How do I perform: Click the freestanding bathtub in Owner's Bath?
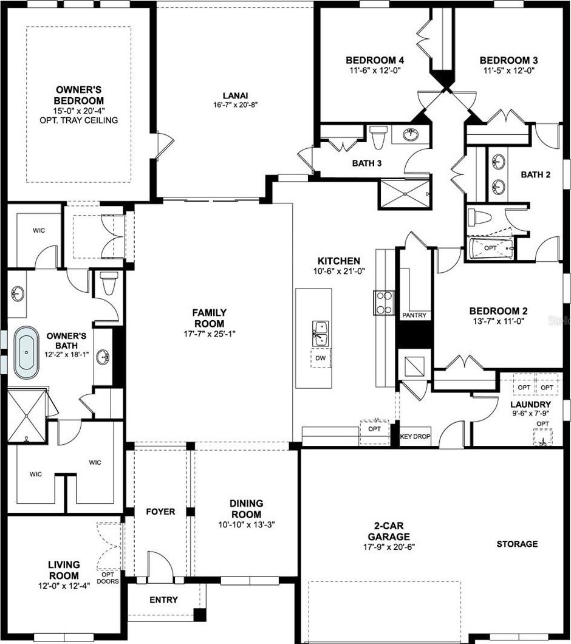[x=26, y=352]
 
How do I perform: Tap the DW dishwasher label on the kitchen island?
[x=320, y=358]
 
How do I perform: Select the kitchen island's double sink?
[x=320, y=334]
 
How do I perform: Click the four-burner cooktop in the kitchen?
[x=384, y=303]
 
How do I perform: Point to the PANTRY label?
[x=414, y=315]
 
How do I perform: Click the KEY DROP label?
[x=415, y=436]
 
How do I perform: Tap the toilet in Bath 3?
[x=378, y=137]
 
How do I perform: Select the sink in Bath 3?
[x=410, y=134]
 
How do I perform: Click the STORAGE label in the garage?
[x=517, y=544]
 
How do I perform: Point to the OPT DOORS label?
[x=108, y=578]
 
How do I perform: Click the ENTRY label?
[x=163, y=600]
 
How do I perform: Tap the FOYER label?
[x=160, y=512]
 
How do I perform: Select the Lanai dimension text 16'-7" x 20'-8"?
[x=235, y=104]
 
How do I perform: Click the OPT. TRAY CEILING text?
[x=79, y=120]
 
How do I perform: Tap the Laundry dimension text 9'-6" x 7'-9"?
[x=531, y=414]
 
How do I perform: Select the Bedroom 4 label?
[x=375, y=60]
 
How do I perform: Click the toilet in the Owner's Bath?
[x=109, y=283]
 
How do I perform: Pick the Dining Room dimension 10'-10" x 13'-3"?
[x=247, y=524]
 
